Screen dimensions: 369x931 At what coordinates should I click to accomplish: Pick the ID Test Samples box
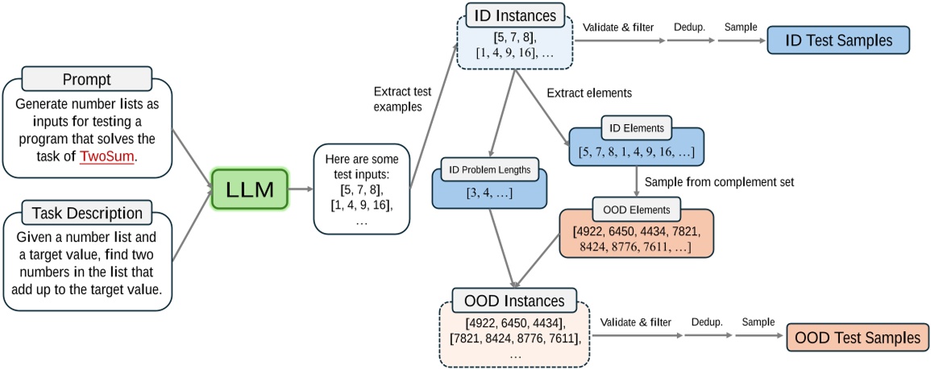(838, 39)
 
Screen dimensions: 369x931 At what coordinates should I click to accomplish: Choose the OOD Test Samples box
(858, 338)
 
